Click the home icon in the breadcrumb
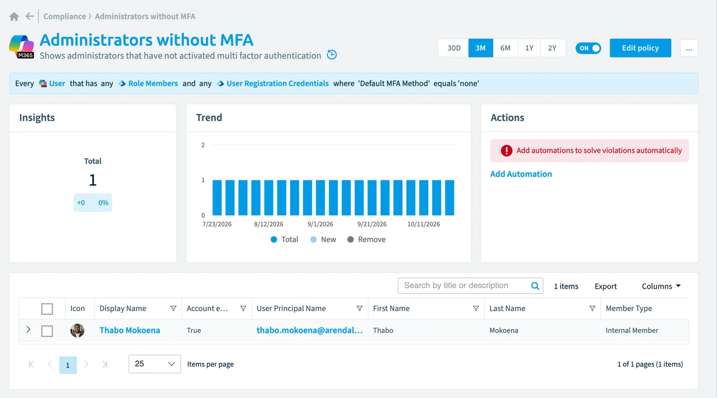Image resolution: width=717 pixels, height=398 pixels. pos(14,16)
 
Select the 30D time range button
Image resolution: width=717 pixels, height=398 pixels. pos(454,48)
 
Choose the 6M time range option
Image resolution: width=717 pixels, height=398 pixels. pos(505,48)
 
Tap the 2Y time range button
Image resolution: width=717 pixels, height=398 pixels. pos(552,48)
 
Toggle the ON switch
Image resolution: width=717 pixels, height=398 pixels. pos(588,48)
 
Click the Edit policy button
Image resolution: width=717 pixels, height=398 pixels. pos(640,48)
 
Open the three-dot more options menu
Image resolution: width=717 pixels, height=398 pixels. pos(689,48)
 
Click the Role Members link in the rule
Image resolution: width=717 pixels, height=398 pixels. pos(153,83)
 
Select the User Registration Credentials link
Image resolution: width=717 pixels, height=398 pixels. pos(277,83)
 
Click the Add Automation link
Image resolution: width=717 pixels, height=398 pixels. pos(521,174)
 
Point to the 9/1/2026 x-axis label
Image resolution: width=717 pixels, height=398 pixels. pos(320,224)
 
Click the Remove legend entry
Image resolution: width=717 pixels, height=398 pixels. pos(367,239)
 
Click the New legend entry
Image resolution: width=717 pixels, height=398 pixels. pos(323,239)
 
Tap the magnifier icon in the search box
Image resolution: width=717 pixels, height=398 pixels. pos(535,286)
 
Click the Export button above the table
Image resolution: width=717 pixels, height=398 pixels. pos(605,286)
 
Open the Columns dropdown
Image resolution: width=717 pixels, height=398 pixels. pos(661,286)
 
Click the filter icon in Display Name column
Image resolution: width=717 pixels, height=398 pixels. pos(173,308)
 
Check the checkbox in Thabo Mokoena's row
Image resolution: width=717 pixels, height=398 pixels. pos(47,331)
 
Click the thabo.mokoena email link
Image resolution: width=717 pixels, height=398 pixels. pos(310,330)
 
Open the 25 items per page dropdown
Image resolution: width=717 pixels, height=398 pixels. pos(155,364)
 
